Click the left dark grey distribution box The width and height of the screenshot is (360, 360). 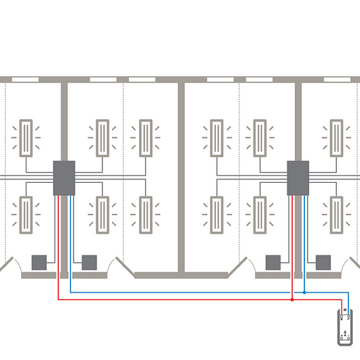point(65,178)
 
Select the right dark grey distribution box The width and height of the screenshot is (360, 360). point(298,178)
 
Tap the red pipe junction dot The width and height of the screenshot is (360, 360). point(292,299)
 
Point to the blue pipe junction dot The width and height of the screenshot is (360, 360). point(304,293)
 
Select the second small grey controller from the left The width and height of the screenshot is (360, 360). point(89,262)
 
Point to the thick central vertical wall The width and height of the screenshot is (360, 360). point(181,177)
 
